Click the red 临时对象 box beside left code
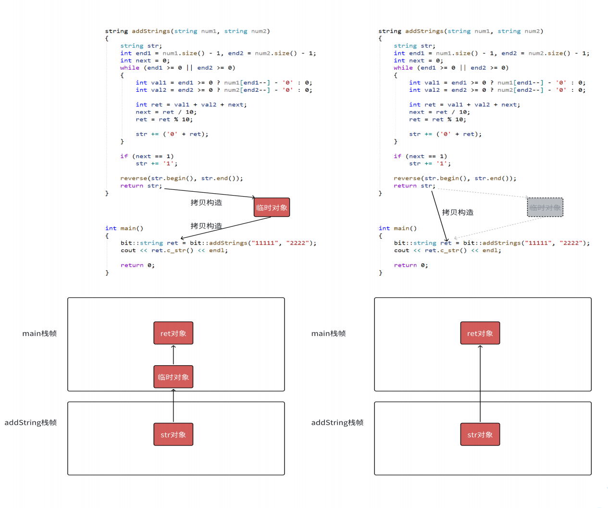pyautogui.click(x=272, y=207)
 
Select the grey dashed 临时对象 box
pyautogui.click(x=545, y=207)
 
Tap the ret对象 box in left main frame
pyautogui.click(x=173, y=333)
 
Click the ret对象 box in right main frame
pyautogui.click(x=480, y=333)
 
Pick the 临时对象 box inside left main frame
pyautogui.click(x=173, y=376)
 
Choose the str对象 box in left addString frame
pyautogui.click(x=173, y=434)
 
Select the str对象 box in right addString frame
pyautogui.click(x=480, y=434)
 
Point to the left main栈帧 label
pyautogui.click(x=39, y=334)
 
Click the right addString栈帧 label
pyautogui.click(x=337, y=422)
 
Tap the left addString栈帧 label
pyautogui.click(x=31, y=422)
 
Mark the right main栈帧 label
pyautogui.click(x=328, y=334)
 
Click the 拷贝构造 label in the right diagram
pyautogui.click(x=458, y=212)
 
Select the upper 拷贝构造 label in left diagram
pyautogui.click(x=206, y=202)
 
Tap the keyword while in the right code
pyautogui.click(x=403, y=68)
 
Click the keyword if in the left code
pyautogui.click(x=124, y=156)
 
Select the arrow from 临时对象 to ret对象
pyautogui.click(x=173, y=355)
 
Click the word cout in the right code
pyautogui.click(x=401, y=250)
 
